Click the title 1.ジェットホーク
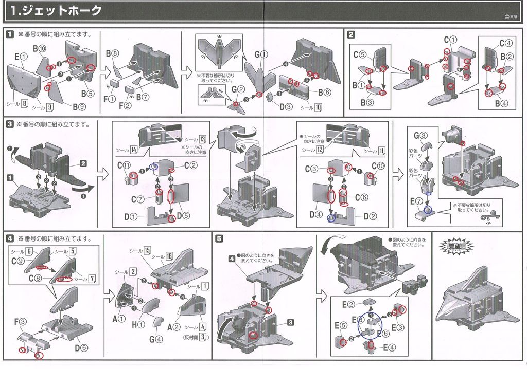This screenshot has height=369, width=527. (56, 10)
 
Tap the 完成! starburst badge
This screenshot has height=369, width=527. (454, 246)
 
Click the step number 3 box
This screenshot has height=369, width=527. (9, 124)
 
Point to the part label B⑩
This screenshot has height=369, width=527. (40, 49)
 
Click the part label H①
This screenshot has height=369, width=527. (137, 324)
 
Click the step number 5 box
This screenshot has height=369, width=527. (220, 238)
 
